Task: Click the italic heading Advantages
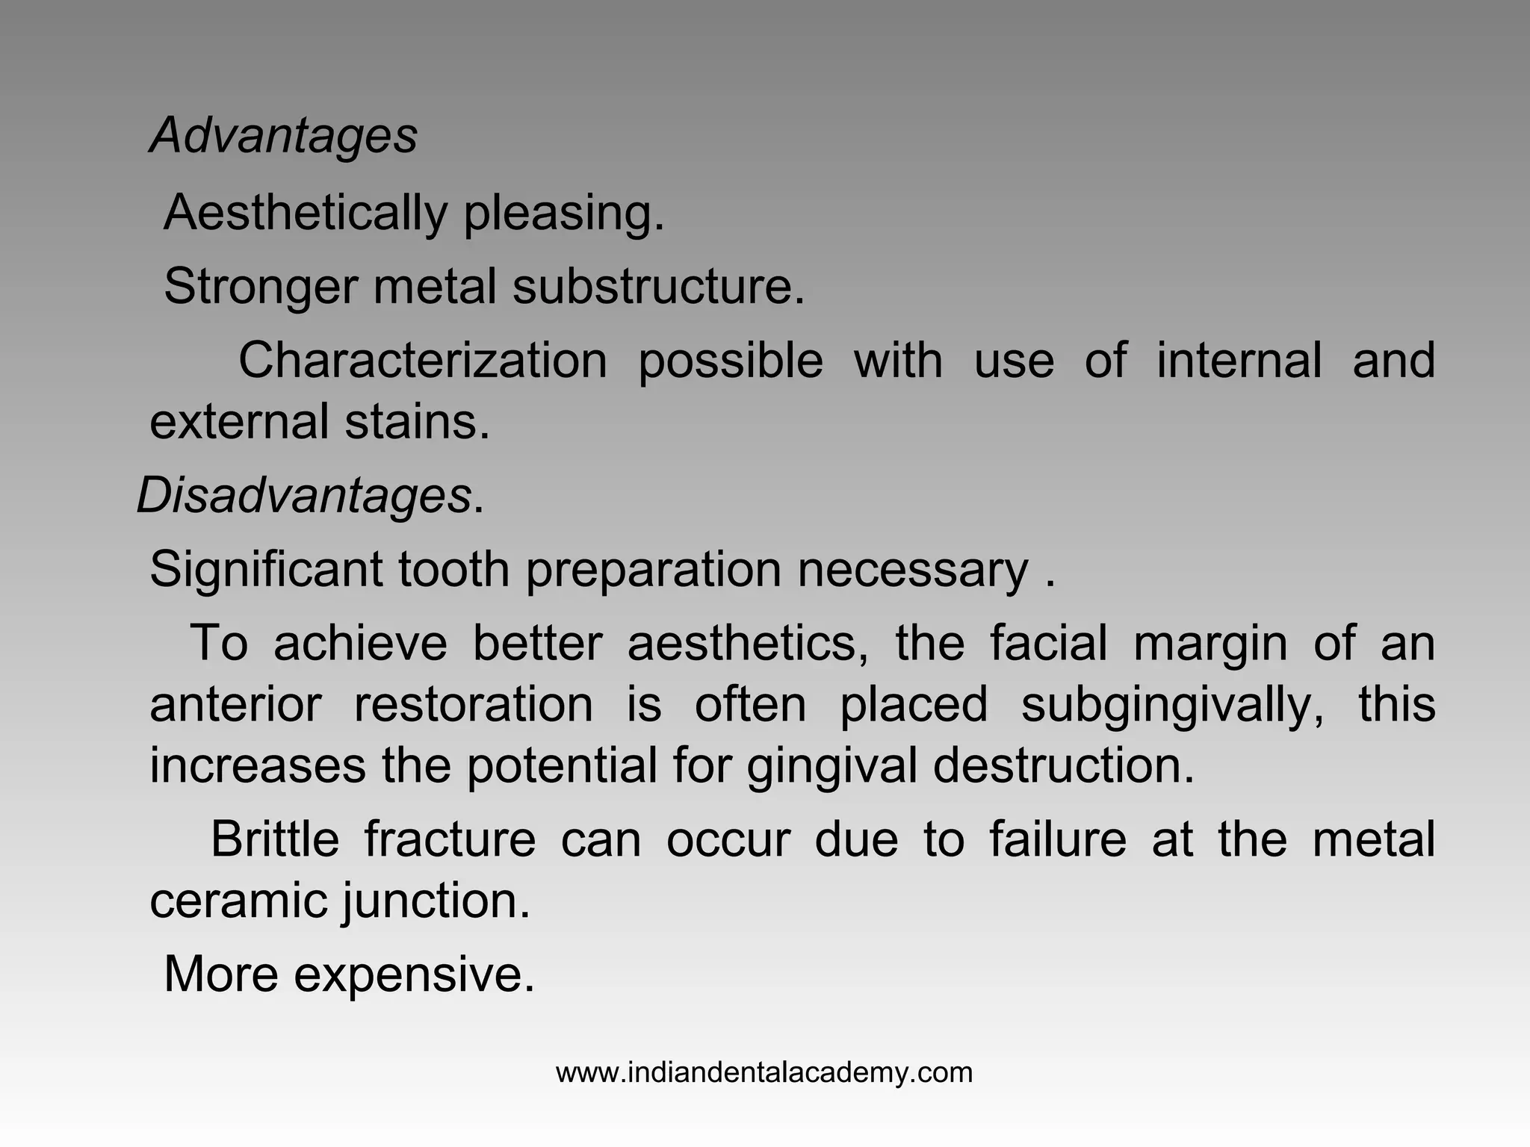284,136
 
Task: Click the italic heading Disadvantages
304,496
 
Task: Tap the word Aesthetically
305,213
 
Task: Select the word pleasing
564,213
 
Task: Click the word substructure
658,286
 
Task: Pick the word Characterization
422,361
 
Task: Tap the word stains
417,422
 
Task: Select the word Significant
266,570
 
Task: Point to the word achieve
360,644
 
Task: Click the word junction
436,901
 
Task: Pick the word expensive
414,975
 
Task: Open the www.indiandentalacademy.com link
764,1073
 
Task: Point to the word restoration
473,705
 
